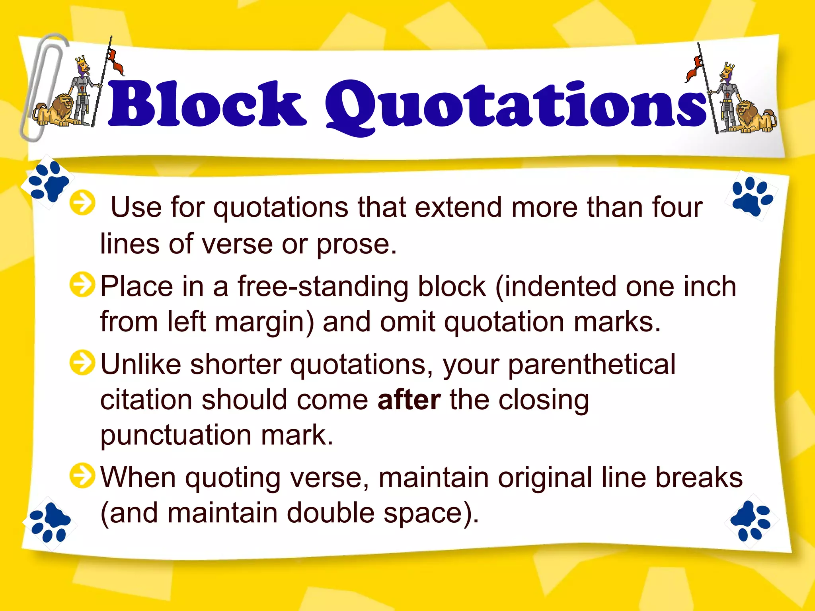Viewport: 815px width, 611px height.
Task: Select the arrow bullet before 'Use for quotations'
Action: (x=82, y=203)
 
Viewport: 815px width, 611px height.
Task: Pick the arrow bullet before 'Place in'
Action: (x=82, y=284)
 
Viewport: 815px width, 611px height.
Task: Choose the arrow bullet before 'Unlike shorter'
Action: (x=82, y=362)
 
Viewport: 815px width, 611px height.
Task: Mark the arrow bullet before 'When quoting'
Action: (x=82, y=475)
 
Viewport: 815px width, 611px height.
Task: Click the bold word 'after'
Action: (x=409, y=400)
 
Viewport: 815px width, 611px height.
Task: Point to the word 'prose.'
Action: (x=357, y=243)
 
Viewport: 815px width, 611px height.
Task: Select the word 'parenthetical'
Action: (x=592, y=364)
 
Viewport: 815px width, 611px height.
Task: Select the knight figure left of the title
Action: (x=82, y=91)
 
